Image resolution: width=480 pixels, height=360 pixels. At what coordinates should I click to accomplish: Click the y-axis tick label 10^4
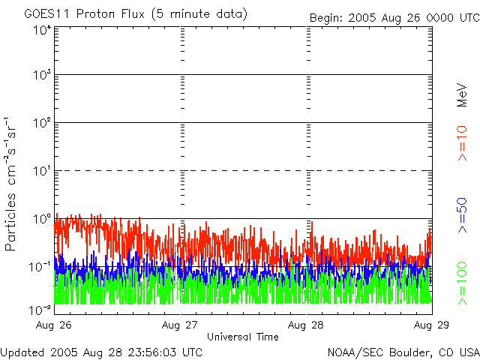coord(42,30)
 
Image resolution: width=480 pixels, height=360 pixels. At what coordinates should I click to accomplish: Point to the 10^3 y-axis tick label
coord(42,76)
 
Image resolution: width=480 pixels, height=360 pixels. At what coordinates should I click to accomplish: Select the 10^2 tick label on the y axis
coord(42,123)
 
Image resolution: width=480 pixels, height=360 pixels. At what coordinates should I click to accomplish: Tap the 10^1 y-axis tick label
coord(42,171)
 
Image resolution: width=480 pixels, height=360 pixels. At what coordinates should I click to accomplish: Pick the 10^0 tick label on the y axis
coord(42,219)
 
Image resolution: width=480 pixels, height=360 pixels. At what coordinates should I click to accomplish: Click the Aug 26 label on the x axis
coord(53,325)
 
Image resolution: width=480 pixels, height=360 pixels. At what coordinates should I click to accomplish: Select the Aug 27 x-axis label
coord(181,325)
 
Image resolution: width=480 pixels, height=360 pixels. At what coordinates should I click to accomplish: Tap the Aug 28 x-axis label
coord(307,325)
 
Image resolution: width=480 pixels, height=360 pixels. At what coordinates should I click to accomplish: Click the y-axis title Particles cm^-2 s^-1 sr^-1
coord(13,184)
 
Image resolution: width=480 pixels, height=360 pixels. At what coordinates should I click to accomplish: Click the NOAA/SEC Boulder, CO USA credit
coord(403,352)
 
